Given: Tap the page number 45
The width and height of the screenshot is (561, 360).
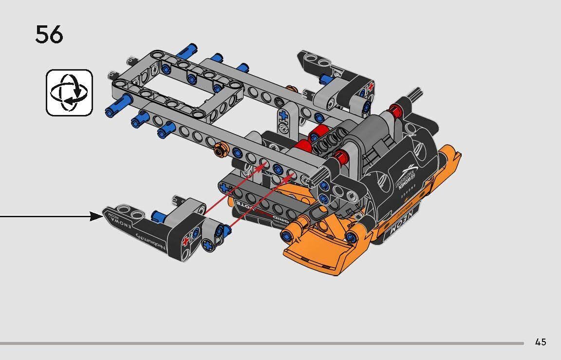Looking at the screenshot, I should point(540,342).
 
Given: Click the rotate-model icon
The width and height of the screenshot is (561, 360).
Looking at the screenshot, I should point(69,93).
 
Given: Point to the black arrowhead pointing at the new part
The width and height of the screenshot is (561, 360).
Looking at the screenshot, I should point(96,216).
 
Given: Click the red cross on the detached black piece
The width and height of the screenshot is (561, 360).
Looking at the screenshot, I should point(185,242).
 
